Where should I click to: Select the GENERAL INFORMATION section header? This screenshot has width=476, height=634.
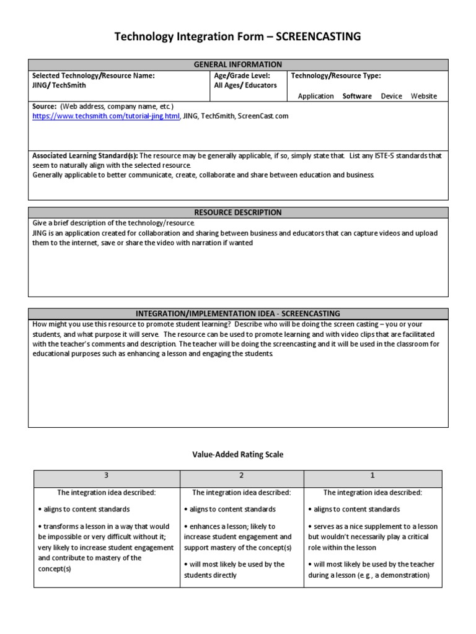point(238,64)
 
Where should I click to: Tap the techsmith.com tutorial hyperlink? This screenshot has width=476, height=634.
point(106,116)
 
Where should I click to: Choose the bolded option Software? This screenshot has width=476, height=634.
point(357,96)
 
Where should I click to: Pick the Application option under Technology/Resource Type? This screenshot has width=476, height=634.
point(315,96)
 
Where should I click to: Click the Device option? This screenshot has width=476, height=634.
point(391,96)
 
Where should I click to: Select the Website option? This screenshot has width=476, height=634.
point(424,96)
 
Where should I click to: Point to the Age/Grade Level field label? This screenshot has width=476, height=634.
point(242,76)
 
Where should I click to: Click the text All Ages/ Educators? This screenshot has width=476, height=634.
point(245,85)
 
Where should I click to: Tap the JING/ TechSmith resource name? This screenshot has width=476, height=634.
point(59,85)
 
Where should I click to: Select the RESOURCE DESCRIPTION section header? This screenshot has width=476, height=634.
point(238,212)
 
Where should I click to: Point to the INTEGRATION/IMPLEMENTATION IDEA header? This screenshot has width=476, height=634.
point(238,313)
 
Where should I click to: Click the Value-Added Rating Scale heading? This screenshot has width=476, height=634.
point(238,454)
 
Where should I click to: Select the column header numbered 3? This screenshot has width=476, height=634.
point(107,475)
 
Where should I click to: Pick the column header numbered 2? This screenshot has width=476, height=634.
point(242,475)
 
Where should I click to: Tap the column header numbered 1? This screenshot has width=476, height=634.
point(372,475)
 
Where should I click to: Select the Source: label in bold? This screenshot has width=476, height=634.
point(45,106)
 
